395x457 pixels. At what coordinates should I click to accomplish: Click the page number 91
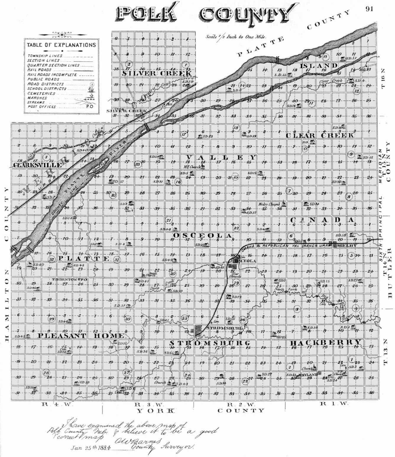tap(369, 9)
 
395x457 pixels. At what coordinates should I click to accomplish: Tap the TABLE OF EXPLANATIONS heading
tap(61, 45)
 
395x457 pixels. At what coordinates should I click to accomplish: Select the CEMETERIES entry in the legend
tap(41, 93)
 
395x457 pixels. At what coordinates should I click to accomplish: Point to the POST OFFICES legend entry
tap(42, 107)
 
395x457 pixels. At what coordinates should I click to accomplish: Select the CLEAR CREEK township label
tap(320, 135)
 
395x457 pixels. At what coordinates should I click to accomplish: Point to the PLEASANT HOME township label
tap(81, 336)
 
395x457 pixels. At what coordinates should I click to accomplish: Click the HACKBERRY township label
tap(326, 343)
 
